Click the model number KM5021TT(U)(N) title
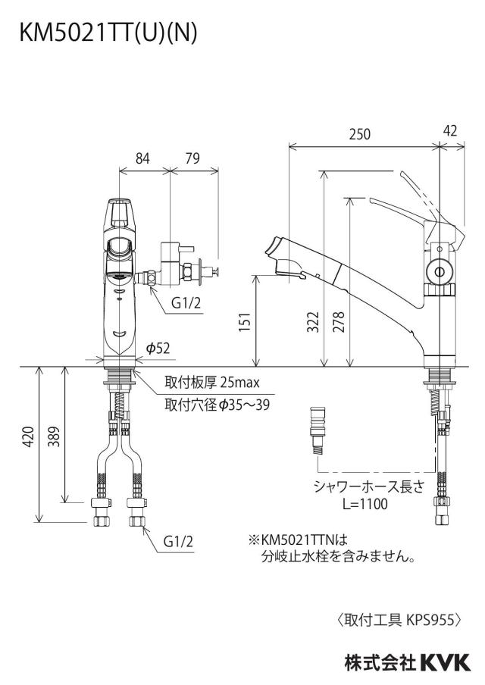(108, 33)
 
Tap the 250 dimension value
(359, 134)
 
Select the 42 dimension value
(449, 130)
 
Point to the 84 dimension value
(142, 158)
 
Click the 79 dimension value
(192, 158)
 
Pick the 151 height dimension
(246, 321)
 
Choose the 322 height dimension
(313, 321)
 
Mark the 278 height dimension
(339, 321)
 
